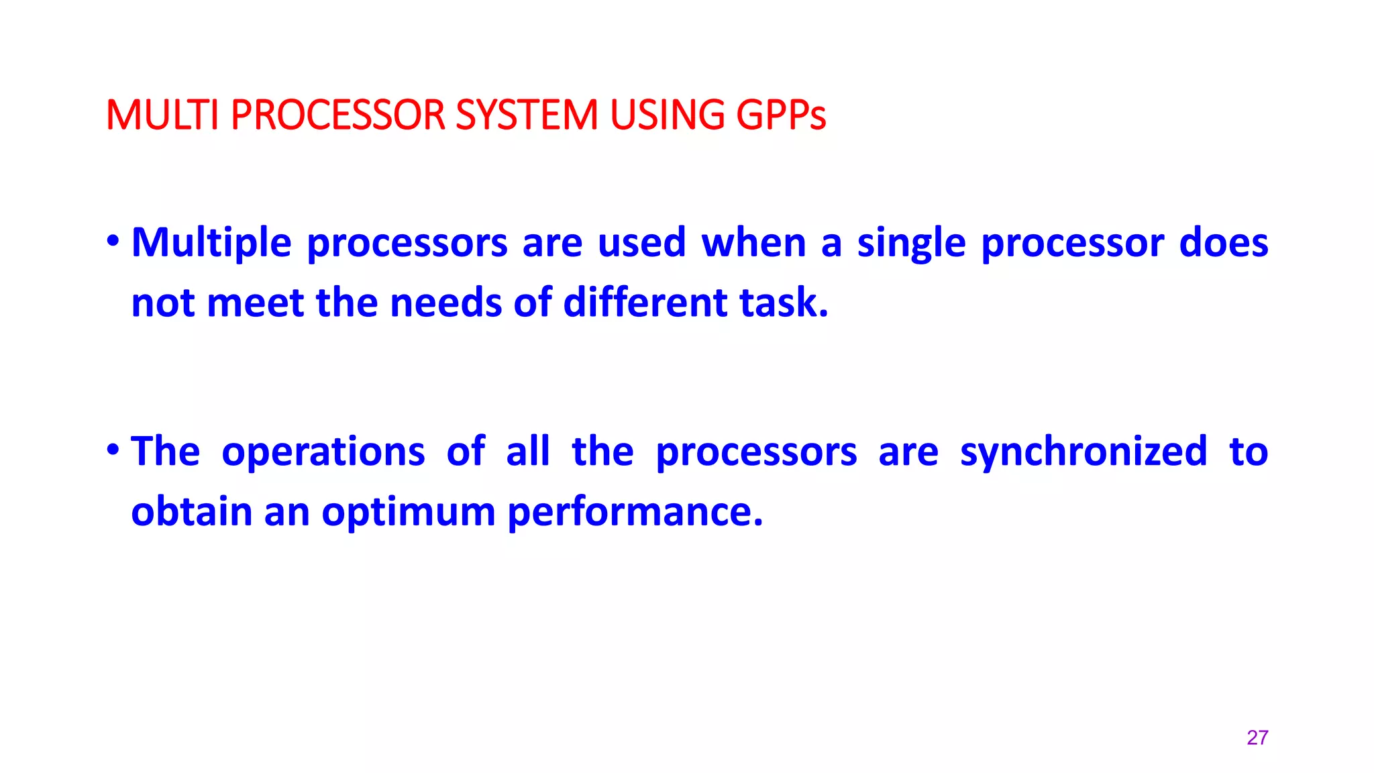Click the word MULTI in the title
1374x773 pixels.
click(x=162, y=115)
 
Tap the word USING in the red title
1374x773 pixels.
click(x=667, y=115)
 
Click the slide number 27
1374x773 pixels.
click(x=1257, y=737)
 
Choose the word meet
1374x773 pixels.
click(x=255, y=303)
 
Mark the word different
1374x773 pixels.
click(x=645, y=303)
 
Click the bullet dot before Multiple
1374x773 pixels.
click(x=113, y=240)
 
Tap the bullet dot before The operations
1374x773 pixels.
click(x=113, y=449)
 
